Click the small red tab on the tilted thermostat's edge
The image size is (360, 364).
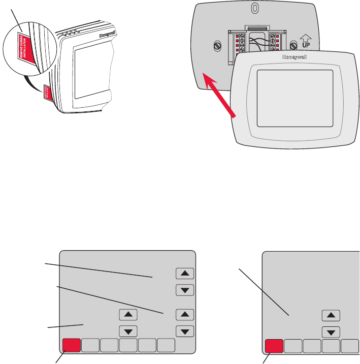click(x=49, y=92)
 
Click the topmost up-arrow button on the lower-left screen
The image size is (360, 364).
click(x=184, y=274)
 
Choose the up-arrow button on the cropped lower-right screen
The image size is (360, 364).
click(x=331, y=316)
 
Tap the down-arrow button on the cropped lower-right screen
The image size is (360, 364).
click(x=331, y=332)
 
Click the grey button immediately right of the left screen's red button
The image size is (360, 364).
click(x=90, y=346)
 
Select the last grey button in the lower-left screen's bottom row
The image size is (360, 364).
click(x=167, y=346)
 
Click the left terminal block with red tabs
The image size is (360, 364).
click(x=237, y=43)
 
